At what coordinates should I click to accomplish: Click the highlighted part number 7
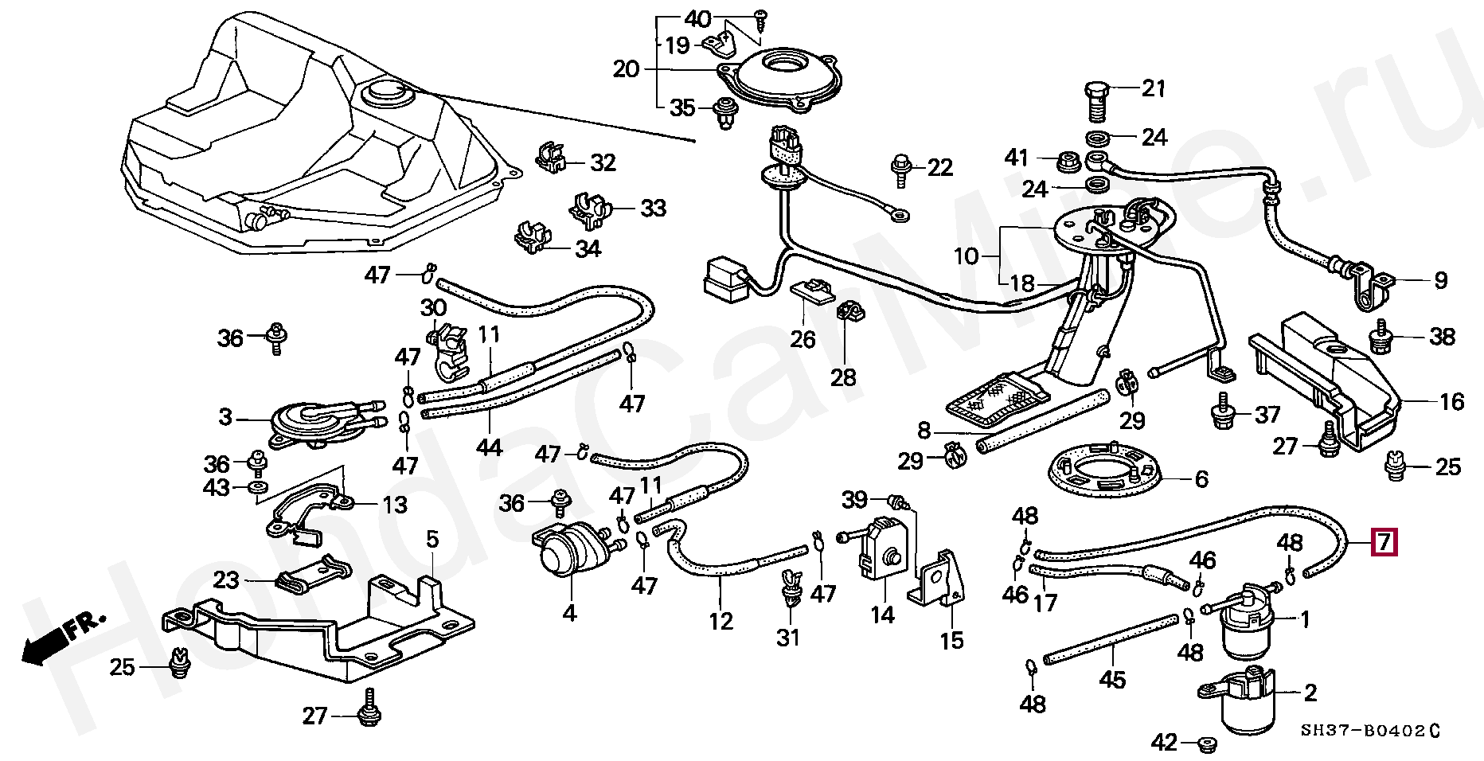[1384, 542]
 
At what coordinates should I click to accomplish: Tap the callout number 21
[1154, 88]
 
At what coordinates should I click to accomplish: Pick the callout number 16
[1451, 401]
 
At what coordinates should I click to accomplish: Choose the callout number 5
[432, 539]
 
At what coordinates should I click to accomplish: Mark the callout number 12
[721, 621]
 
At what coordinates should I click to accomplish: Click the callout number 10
[966, 256]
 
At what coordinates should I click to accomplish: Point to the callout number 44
[489, 447]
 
